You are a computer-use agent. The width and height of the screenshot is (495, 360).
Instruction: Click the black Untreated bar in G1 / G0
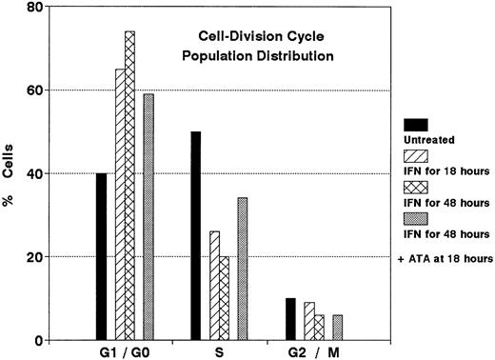point(101,257)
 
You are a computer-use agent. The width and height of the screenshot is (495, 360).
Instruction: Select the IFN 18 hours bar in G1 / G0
point(120,205)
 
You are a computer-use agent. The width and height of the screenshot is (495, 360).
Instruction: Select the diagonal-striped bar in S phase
point(214,286)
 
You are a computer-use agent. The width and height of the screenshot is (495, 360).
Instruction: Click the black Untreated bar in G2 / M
point(290,319)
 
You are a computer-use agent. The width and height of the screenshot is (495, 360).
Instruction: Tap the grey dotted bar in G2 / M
point(337,328)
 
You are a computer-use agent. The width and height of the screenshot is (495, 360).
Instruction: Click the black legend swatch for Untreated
point(416,124)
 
